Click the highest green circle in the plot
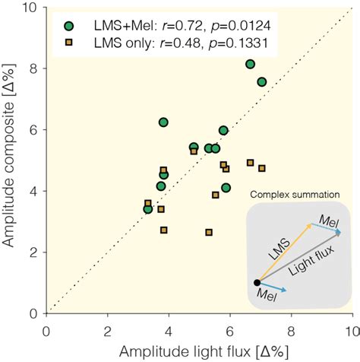pos(251,64)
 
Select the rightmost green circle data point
pos(262,81)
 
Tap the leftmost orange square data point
pos(148,204)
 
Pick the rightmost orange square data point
pos(262,168)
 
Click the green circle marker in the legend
pos(69,26)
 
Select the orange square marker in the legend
pos(69,44)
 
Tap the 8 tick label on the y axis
pos(32,68)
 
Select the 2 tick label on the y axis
pos(32,252)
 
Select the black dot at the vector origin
pos(257,283)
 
